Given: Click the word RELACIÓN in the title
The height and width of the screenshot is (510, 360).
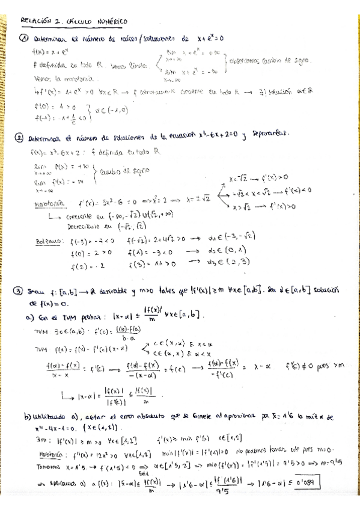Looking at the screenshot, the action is (x=35, y=20).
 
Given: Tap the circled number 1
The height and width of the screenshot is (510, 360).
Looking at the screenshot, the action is (x=24, y=37).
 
